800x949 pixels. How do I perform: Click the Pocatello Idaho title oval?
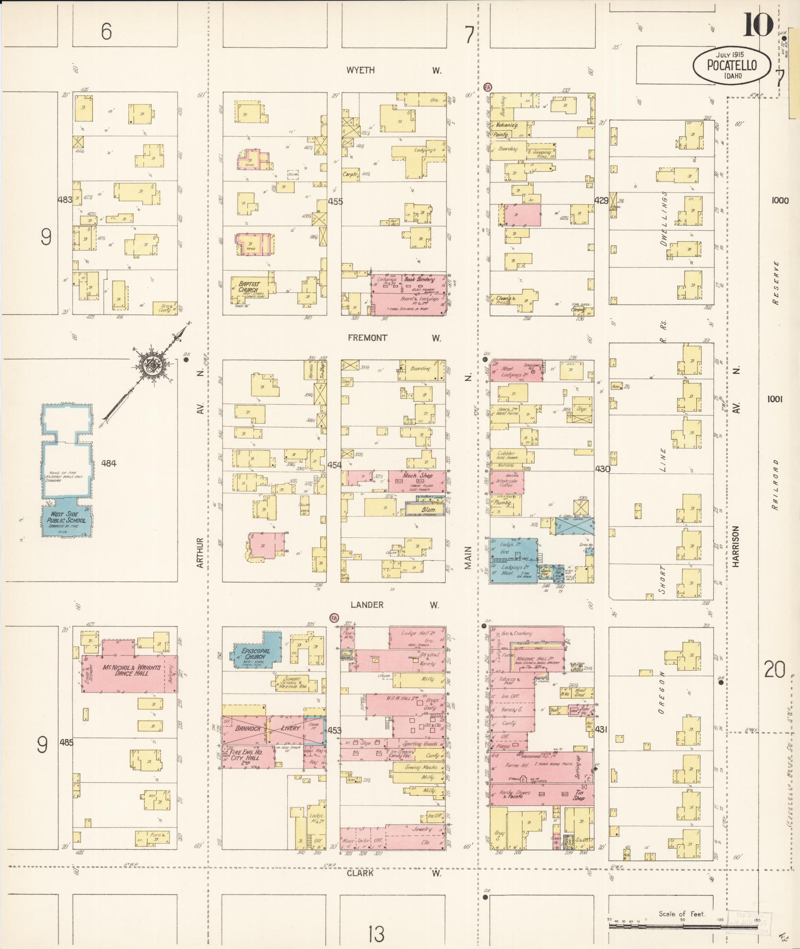[732, 65]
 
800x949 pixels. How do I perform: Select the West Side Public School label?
[66, 517]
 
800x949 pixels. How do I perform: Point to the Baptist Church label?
[248, 286]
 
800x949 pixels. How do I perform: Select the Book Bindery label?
[419, 279]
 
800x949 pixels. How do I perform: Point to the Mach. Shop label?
[418, 476]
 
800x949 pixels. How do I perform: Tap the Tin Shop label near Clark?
[578, 795]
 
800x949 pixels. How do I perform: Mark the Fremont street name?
[368, 338]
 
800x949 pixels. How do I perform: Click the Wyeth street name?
[361, 70]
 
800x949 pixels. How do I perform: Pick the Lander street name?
[367, 605]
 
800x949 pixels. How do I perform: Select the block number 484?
[109, 463]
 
